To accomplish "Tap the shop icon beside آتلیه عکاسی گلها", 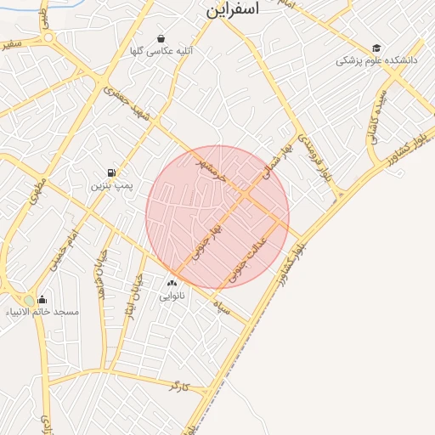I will coord(161,38).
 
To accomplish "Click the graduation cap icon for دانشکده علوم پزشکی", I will coord(376,48).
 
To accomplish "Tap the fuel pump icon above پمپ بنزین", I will coord(110,172).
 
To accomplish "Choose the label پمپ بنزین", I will coord(111,185).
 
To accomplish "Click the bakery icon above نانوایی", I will coord(172,284).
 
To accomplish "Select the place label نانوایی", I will coord(172,297).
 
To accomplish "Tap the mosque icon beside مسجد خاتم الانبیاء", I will coord(42,300).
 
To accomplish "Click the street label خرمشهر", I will coord(211,168).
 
